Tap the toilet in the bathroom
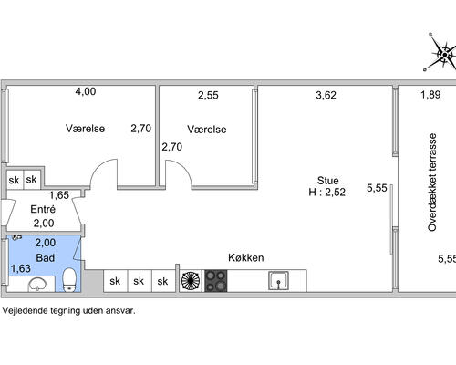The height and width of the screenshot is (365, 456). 69,280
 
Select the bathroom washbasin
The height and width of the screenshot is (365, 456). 37,285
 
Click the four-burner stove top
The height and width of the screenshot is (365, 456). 216,281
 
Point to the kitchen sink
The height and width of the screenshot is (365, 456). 278,281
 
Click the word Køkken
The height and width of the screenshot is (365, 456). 246,258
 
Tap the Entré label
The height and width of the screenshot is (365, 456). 43,209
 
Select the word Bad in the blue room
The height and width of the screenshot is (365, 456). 46,258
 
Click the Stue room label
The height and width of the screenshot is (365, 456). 327,181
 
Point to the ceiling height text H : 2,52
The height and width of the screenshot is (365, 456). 326,193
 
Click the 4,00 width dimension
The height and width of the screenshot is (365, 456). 86,91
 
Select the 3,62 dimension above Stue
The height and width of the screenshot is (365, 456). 326,95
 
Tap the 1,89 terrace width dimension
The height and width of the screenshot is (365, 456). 430,95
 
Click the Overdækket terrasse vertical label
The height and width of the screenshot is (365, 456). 432,182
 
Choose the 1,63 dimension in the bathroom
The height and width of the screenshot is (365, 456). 21,268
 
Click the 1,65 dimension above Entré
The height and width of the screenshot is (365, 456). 59,195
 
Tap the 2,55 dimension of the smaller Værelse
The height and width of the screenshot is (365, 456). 208,95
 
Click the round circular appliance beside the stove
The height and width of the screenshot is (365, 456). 191,281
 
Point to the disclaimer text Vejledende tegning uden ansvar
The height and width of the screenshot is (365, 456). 68,310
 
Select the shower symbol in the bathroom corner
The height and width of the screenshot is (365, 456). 16,236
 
